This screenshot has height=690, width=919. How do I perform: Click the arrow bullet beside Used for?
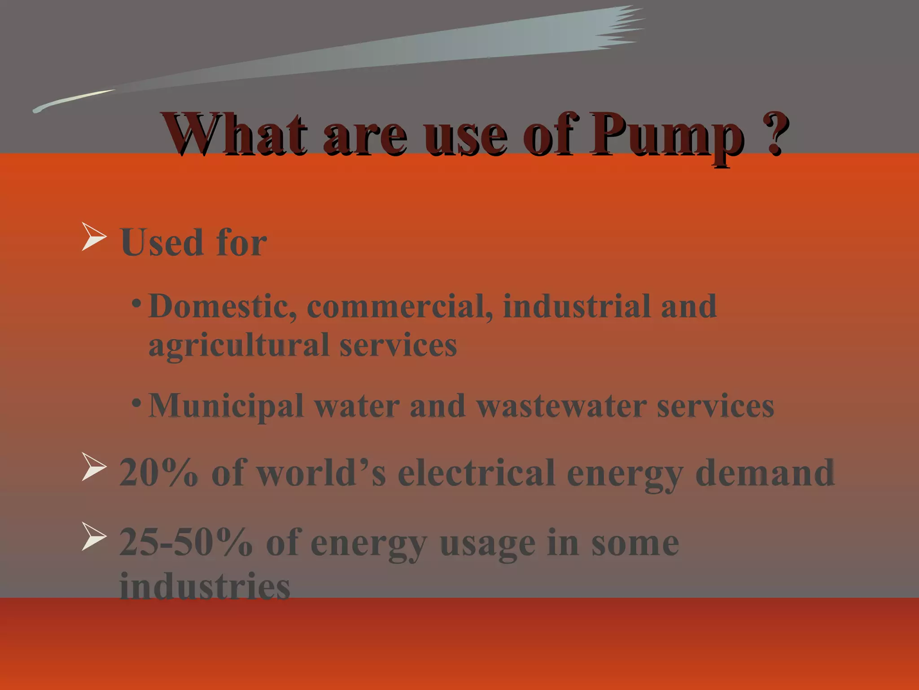[94, 236]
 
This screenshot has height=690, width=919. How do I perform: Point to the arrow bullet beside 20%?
[94, 467]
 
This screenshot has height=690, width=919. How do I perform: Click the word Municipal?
[226, 406]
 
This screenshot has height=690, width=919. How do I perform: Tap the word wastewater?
[561, 406]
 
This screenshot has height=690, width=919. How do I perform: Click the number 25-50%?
[186, 543]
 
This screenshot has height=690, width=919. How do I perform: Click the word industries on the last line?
[205, 587]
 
